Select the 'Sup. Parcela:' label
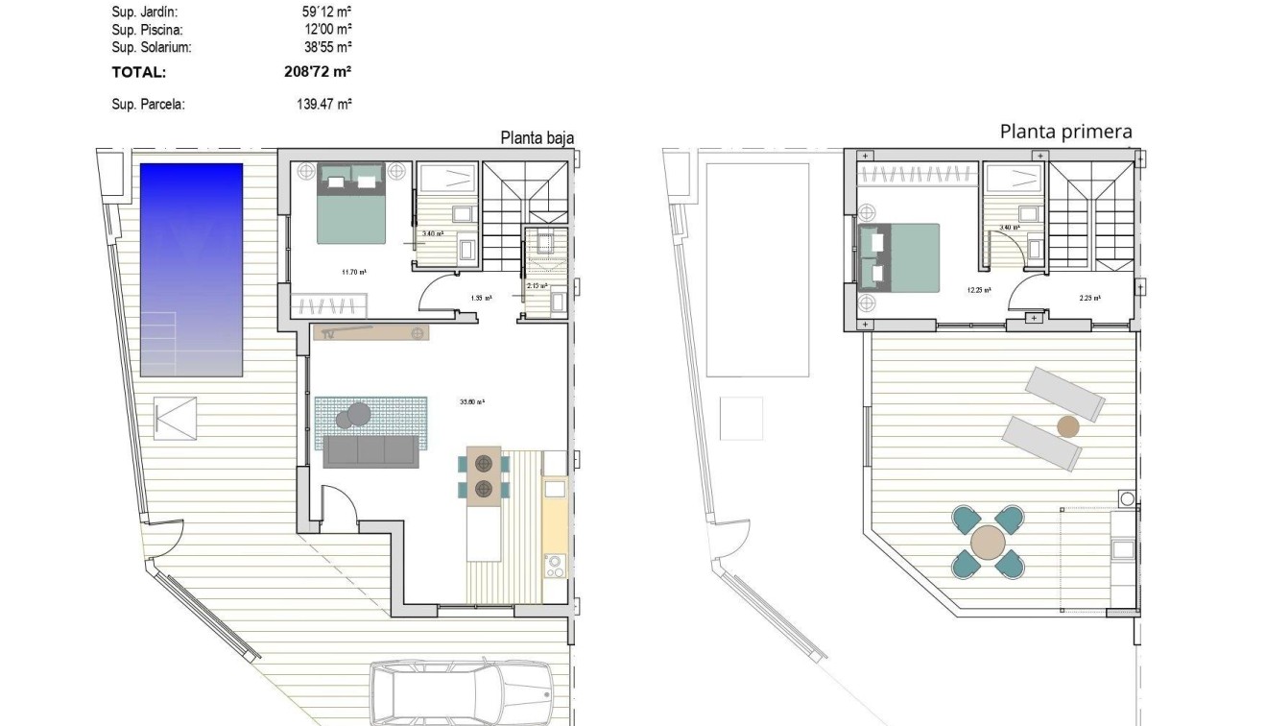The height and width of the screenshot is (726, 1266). tap(148, 105)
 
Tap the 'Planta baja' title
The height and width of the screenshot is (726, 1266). tap(537, 138)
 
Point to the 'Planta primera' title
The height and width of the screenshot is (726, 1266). tap(1065, 132)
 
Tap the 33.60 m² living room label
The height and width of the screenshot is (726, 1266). tap(472, 402)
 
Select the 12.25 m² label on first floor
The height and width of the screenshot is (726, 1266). tap(979, 289)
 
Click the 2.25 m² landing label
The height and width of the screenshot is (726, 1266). tap(1089, 298)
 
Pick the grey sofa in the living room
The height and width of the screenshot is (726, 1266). tap(371, 451)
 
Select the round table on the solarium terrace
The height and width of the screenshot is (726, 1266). tap(987, 543)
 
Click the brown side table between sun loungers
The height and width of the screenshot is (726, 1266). tap(1067, 426)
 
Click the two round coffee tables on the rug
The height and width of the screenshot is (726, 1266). tap(353, 414)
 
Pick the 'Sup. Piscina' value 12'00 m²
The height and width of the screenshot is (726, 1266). tap(325, 30)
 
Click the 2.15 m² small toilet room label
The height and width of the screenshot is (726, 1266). tap(537, 285)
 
